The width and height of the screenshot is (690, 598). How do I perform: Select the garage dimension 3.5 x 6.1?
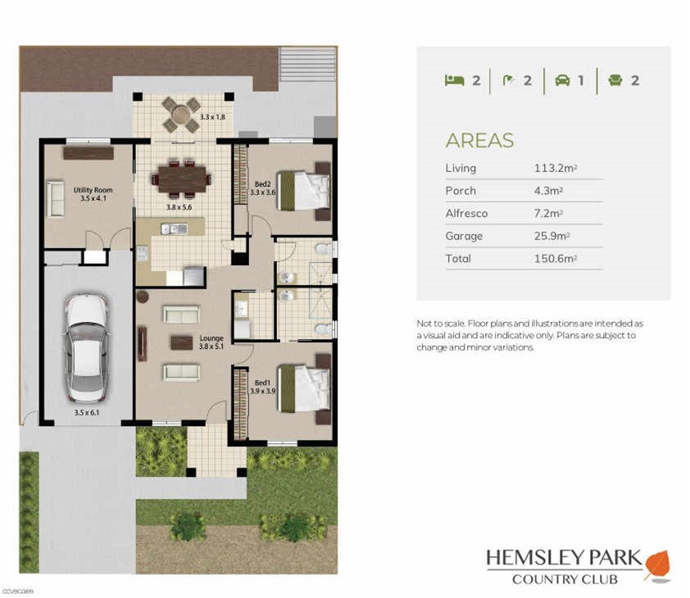tap(86, 412)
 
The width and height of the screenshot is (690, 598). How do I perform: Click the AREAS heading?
tap(479, 140)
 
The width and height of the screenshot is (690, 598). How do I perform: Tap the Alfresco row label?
tap(466, 213)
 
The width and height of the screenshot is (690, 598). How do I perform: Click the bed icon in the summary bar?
tap(454, 80)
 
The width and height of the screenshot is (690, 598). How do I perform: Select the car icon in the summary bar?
tap(562, 80)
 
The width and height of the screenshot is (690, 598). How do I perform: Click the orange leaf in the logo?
tap(656, 564)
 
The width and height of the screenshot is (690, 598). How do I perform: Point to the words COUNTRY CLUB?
tap(565, 580)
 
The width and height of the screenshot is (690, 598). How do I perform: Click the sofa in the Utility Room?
tap(55, 199)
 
